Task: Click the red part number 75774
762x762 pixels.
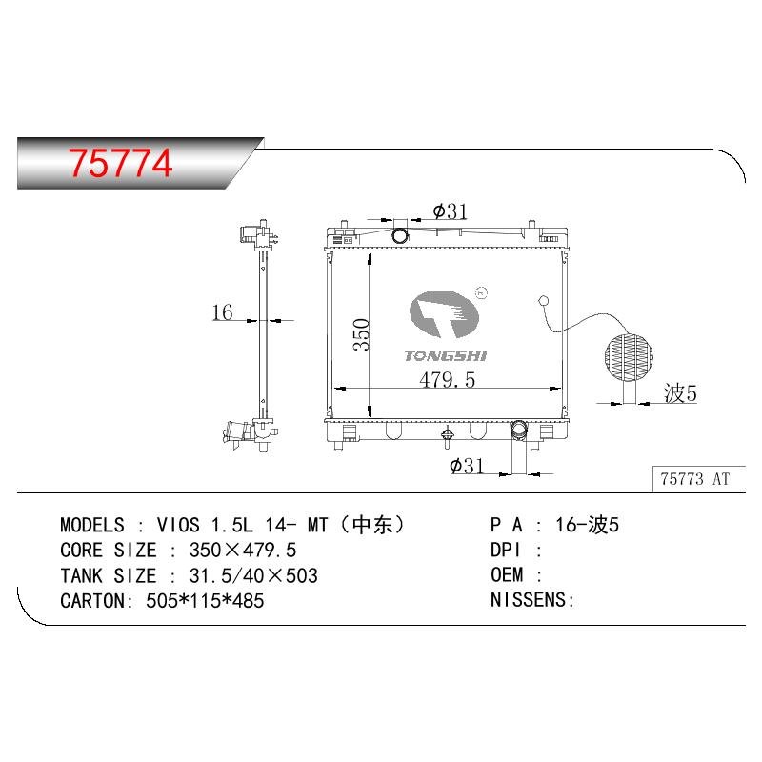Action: pos(120,163)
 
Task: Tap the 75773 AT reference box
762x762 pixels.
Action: pos(698,479)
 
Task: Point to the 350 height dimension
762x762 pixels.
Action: pos(362,335)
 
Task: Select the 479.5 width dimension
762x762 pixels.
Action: pos(447,379)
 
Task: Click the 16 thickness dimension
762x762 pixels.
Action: pos(222,312)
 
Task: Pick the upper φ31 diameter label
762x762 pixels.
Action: pos(450,211)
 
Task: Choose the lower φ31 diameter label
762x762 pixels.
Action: pos(467,466)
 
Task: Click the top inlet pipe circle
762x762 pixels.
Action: pos(400,236)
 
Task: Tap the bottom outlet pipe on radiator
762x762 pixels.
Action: pos(518,430)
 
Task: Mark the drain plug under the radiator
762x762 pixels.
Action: pos(447,437)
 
